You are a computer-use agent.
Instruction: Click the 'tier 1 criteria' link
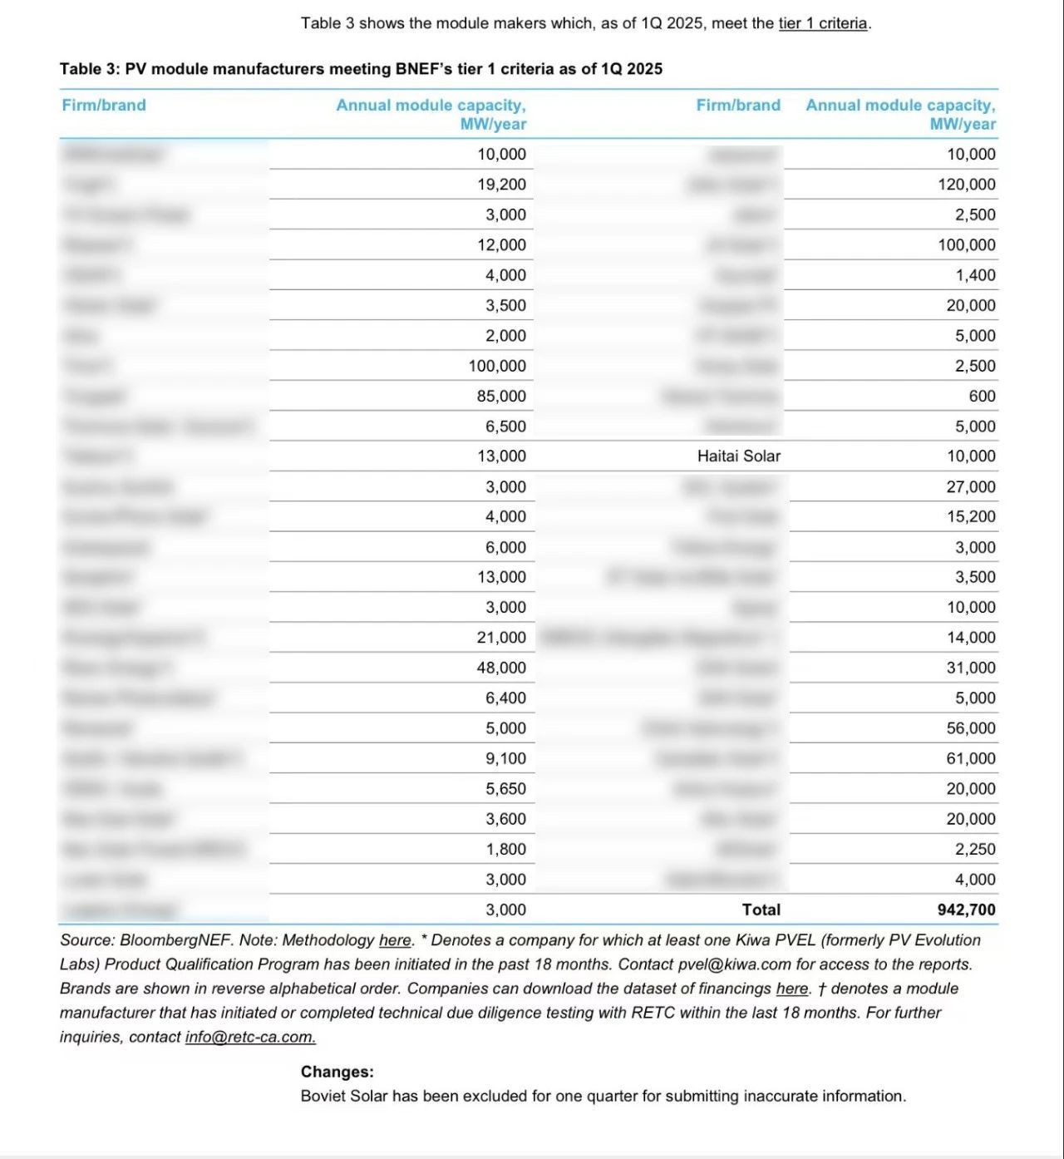823,23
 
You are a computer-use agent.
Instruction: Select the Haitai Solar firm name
739,456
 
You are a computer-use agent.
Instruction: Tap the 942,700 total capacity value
966,910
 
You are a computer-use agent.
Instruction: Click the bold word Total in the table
761,910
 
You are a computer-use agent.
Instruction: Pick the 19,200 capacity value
501,185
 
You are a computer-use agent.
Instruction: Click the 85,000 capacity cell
501,396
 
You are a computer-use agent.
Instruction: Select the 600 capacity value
982,396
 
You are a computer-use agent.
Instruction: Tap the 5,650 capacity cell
505,788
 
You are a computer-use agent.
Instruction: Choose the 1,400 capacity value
975,275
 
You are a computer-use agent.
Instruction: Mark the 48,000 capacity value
501,668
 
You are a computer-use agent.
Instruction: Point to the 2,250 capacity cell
975,849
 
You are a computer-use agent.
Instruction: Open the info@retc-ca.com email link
250,1037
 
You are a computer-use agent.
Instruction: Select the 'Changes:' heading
337,1072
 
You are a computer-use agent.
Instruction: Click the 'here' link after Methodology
395,940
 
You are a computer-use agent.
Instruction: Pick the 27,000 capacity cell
970,486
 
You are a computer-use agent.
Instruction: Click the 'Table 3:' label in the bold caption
90,69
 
